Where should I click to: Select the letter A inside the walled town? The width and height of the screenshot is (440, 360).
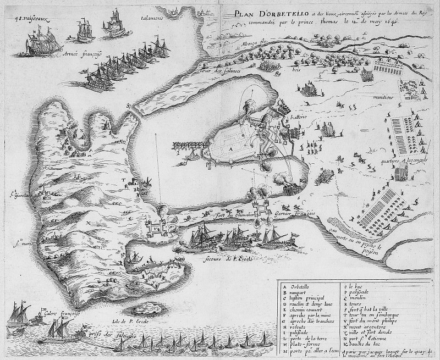tap(231, 148)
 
